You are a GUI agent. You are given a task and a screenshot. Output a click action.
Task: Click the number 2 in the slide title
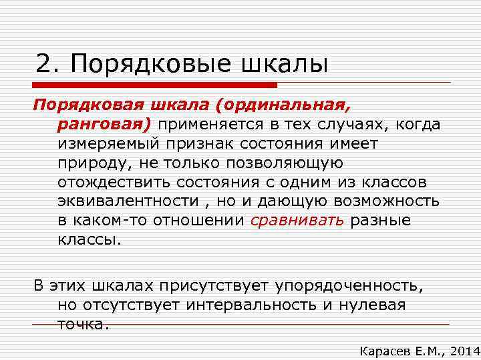point(44,64)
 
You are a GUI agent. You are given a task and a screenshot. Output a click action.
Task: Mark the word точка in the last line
point(80,324)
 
